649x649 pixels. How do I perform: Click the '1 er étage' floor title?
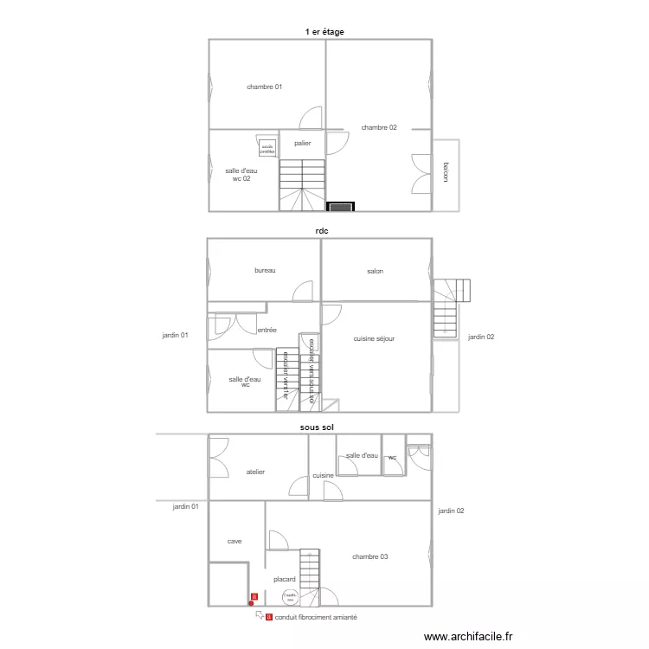click(x=324, y=32)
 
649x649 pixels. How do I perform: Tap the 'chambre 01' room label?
click(x=264, y=87)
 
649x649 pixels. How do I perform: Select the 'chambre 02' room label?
click(x=379, y=127)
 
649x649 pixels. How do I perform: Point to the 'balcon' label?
click(x=446, y=172)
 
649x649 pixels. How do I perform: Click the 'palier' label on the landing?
click(x=302, y=144)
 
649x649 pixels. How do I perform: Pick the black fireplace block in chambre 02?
click(x=341, y=206)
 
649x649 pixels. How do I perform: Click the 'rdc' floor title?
click(x=321, y=231)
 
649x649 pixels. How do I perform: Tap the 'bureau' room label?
click(x=265, y=271)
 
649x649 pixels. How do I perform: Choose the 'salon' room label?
click(x=375, y=271)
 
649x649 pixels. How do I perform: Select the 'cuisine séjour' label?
click(x=374, y=338)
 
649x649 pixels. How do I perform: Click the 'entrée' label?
click(x=267, y=330)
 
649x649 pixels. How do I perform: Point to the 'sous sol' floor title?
click(x=317, y=427)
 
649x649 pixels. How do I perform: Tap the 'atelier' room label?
click(x=255, y=472)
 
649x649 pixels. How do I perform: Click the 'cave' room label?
click(x=235, y=541)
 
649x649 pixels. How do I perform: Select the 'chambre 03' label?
click(x=369, y=556)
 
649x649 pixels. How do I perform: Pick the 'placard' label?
click(x=285, y=579)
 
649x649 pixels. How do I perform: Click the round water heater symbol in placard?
click(x=290, y=596)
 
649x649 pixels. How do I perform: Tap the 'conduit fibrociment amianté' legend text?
click(x=316, y=617)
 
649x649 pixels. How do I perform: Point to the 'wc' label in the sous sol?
click(x=392, y=457)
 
